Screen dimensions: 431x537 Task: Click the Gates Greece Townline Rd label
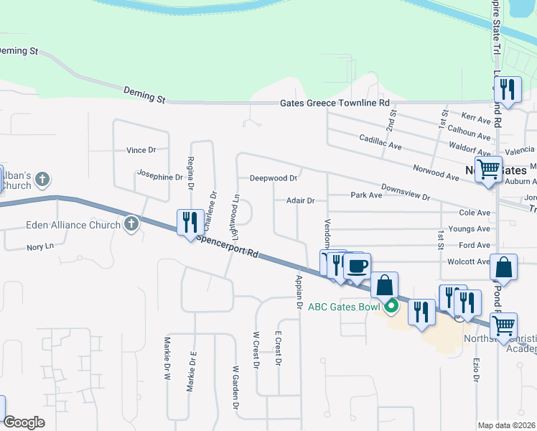click(334, 103)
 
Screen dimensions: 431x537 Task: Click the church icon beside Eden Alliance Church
click(131, 225)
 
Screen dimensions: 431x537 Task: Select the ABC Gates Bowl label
click(345, 307)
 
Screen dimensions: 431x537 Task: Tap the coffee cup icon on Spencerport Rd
click(357, 267)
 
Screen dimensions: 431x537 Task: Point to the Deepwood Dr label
click(273, 178)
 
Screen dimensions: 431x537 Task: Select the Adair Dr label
click(300, 201)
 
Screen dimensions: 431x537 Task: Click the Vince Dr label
click(141, 150)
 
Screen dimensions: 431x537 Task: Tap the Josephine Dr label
click(160, 175)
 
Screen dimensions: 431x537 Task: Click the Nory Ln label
click(40, 246)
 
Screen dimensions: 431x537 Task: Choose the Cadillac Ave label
click(380, 144)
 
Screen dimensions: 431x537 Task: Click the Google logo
click(24, 422)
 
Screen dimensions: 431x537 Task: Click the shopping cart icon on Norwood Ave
click(489, 170)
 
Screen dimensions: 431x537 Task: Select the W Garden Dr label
click(234, 389)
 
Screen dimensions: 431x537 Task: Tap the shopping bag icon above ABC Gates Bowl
click(385, 285)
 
